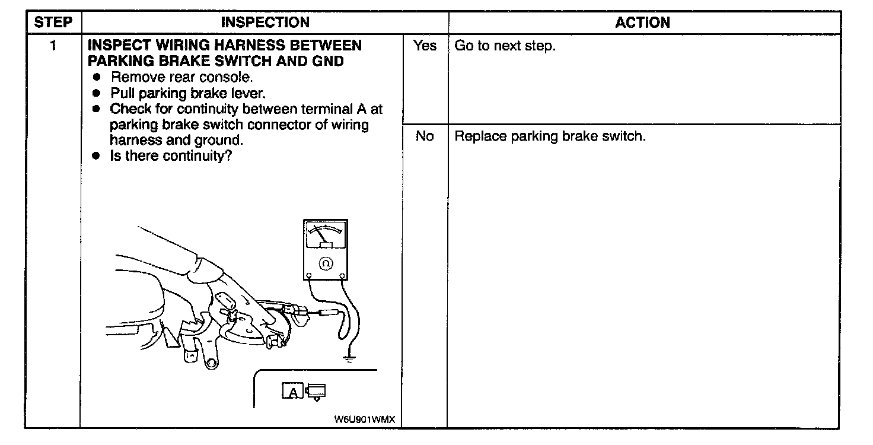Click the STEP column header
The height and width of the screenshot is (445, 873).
pyautogui.click(x=53, y=23)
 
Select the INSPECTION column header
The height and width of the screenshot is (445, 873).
pyautogui.click(x=265, y=23)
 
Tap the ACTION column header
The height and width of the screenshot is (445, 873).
pyautogui.click(x=642, y=23)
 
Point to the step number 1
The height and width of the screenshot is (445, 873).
pyautogui.click(x=53, y=46)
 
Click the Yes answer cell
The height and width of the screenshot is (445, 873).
pyautogui.click(x=425, y=46)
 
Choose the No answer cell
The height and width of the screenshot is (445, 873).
pyautogui.click(x=425, y=136)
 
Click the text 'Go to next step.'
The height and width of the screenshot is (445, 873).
pyautogui.click(x=505, y=46)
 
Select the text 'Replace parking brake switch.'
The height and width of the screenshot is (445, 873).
pyautogui.click(x=550, y=136)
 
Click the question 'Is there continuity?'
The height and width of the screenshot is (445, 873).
pyautogui.click(x=170, y=157)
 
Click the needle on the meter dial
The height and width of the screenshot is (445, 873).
pyautogui.click(x=320, y=234)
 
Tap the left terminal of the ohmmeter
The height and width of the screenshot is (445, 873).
pyautogui.click(x=309, y=275)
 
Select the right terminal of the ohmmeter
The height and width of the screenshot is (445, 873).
pyautogui.click(x=342, y=275)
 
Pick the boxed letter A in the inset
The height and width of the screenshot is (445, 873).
pyautogui.click(x=293, y=392)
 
